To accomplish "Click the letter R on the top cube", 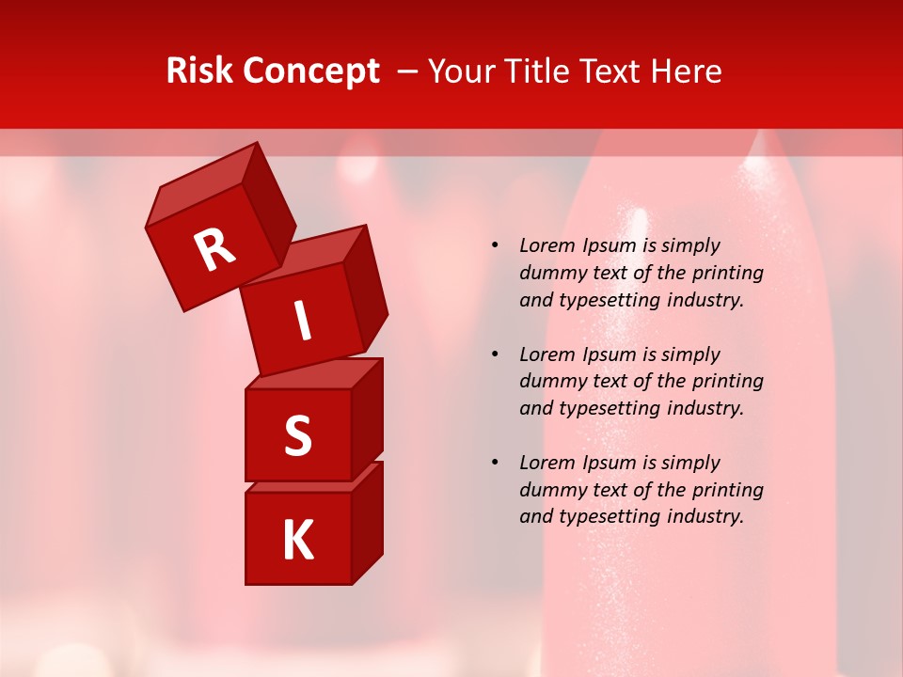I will click(x=215, y=249).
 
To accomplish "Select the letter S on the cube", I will click(x=297, y=437).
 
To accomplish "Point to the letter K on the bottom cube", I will click(x=297, y=541).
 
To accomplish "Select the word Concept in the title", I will click(x=312, y=72).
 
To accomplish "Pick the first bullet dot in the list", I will click(x=495, y=245).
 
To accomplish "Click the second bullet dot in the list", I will click(x=495, y=354).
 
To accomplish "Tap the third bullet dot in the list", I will click(x=495, y=463).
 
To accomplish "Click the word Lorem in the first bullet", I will click(x=547, y=245).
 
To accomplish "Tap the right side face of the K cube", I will click(x=367, y=522).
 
